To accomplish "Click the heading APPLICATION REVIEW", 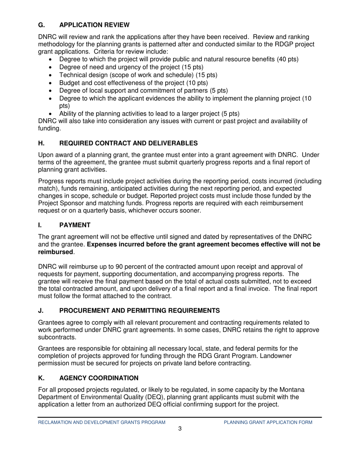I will [94, 25].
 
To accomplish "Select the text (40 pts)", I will [288, 59].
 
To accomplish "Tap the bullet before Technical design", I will [52, 75].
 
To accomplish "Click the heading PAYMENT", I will [75, 225].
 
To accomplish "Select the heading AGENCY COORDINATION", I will [99, 378].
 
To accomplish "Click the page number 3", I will [180, 429].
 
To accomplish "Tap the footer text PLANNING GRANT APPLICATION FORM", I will [268, 422].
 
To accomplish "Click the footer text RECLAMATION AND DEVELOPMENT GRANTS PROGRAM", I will [102, 422].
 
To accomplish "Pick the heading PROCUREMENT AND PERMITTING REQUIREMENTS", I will [139, 311].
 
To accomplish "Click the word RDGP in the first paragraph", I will [286, 44].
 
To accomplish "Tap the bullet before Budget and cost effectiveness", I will [52, 83].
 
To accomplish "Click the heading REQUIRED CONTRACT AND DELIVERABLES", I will [128, 143].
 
